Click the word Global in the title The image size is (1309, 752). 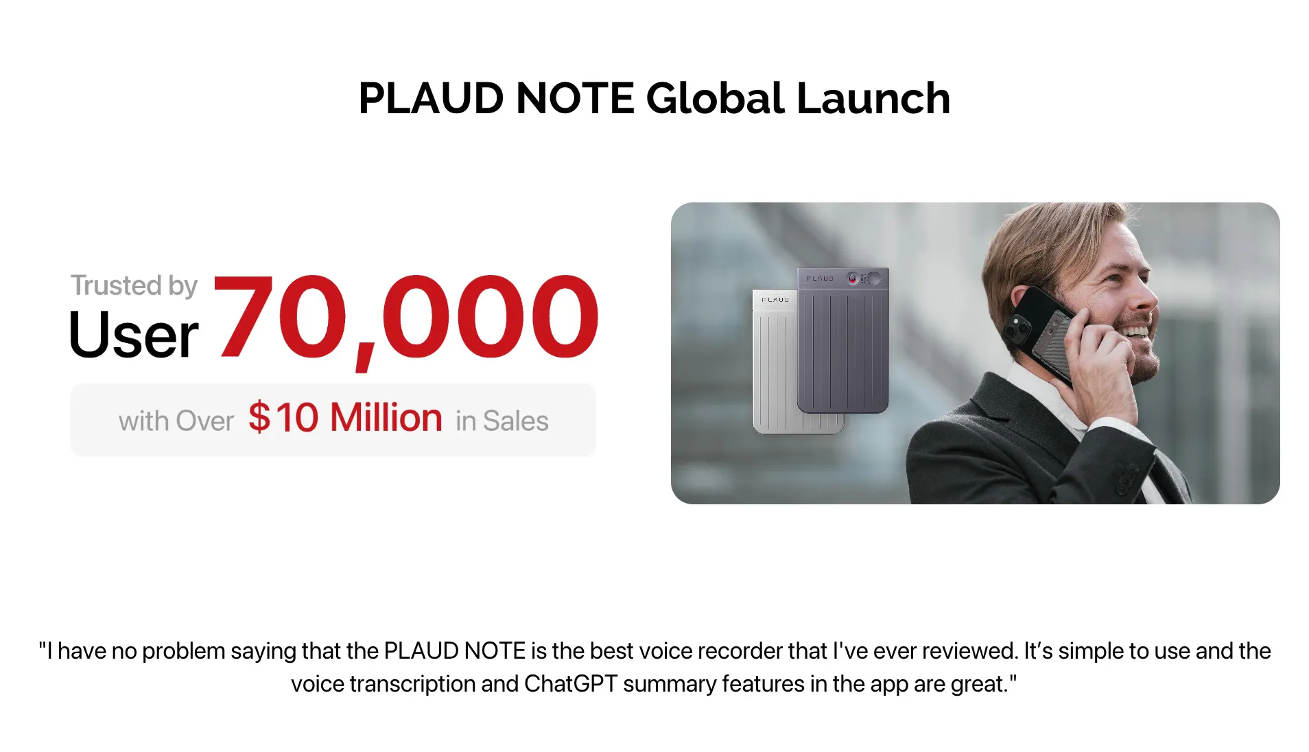pos(715,98)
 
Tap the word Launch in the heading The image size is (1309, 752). pos(873,98)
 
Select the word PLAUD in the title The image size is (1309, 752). pos(432,98)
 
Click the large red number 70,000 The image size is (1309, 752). pos(406,318)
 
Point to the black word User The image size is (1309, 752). pos(134,335)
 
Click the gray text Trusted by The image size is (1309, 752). pos(134,285)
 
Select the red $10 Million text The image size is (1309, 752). pos(345,417)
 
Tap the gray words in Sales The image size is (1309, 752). pos(502,421)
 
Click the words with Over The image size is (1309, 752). pos(176,421)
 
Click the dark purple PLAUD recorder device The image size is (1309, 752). pos(843,340)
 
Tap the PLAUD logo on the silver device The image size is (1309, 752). pos(775,300)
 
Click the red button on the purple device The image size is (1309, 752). pos(852,278)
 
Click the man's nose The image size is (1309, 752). pos(1144,294)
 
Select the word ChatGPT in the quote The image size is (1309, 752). pos(571,684)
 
